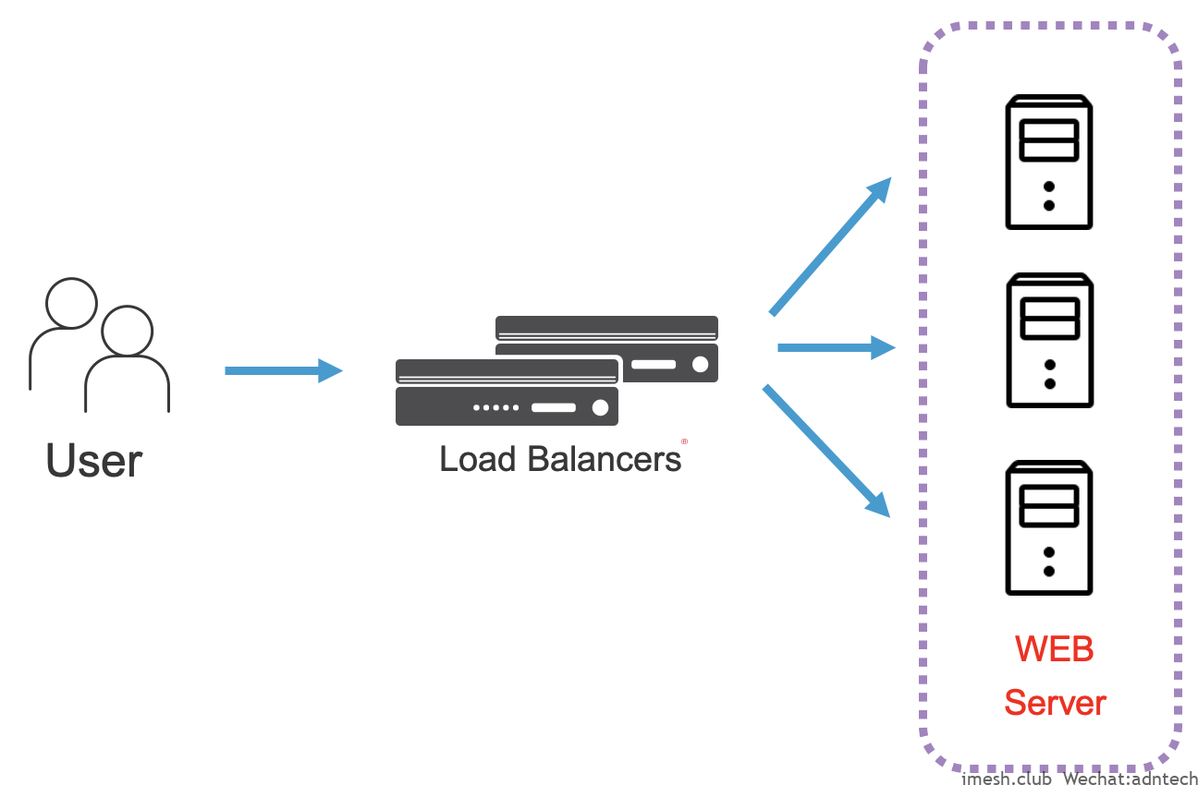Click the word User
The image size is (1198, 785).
coord(94,459)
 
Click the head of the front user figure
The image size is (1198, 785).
coord(127,331)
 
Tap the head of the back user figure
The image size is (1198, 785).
coord(71,302)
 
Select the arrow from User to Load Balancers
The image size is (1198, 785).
coord(283,370)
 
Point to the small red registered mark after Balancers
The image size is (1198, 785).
coord(684,441)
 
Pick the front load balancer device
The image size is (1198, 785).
coord(507,392)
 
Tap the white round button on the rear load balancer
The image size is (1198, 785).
coord(700,365)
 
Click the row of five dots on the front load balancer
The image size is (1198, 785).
coord(495,407)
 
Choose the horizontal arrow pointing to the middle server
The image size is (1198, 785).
coord(837,348)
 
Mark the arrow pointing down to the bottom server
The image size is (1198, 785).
coord(826,451)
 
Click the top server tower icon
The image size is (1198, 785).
coord(1049,162)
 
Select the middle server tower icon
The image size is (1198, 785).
coord(1049,340)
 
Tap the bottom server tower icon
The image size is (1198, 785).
coord(1049,528)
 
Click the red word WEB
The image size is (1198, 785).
coord(1055,649)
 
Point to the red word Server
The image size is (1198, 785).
coord(1055,703)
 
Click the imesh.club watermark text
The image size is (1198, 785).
coord(1007,778)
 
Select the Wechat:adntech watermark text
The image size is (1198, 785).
coord(1130,778)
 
